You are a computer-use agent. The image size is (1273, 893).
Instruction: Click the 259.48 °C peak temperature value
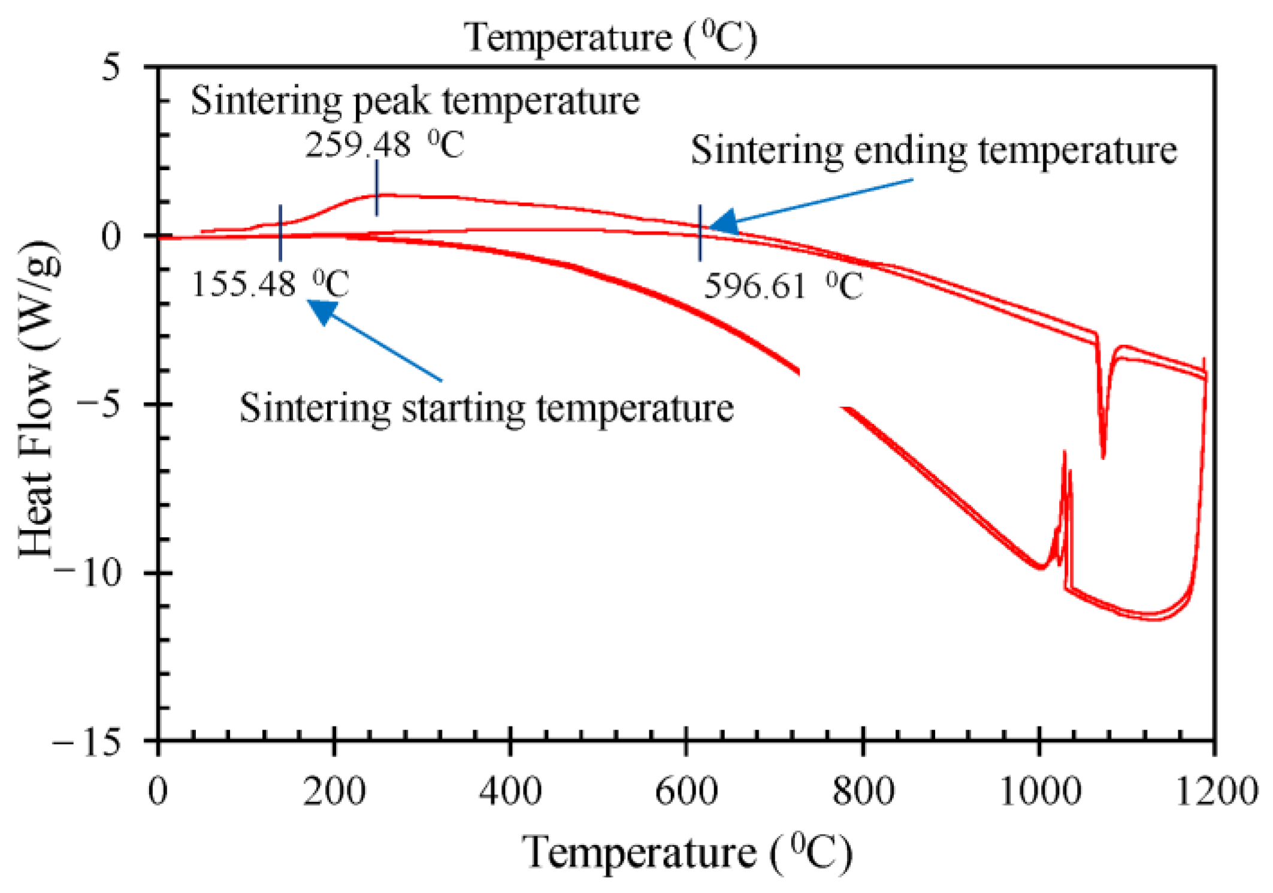[x=383, y=145]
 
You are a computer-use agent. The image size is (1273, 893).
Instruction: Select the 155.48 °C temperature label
[x=270, y=284]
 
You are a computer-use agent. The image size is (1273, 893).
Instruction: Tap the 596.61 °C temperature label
[x=782, y=286]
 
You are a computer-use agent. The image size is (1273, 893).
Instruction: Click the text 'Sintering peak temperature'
[x=415, y=101]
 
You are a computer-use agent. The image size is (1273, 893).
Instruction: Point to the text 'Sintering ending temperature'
[x=933, y=150]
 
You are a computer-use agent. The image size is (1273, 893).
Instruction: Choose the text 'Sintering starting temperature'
[x=486, y=408]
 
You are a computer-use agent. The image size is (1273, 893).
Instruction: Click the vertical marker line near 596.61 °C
[x=700, y=233]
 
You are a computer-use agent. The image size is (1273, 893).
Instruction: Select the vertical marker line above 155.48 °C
[x=280, y=232]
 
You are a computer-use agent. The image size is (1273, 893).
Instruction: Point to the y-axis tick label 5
[x=111, y=67]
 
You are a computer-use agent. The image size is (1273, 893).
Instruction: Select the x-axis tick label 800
[x=863, y=792]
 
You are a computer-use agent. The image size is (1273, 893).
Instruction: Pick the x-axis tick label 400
[x=510, y=792]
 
